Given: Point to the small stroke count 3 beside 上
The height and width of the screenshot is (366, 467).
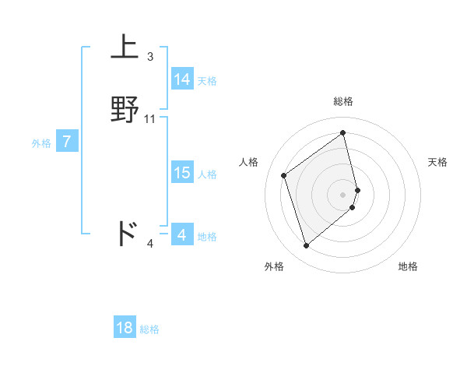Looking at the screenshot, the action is (150, 57).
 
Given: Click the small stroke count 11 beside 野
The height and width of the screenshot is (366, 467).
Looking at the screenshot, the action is (150, 119).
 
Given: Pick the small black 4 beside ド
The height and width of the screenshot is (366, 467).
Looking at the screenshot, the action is (150, 244).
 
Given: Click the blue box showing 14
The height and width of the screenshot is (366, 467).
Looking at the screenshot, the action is (182, 79).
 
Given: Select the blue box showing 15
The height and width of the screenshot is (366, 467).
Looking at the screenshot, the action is (182, 173).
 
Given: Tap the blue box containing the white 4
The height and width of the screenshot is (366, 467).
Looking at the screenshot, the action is (182, 235).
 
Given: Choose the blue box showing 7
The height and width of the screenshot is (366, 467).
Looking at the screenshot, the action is (67, 142).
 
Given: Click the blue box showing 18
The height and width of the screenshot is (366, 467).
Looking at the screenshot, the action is (125, 328).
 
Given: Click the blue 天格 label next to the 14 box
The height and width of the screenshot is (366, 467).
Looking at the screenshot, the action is (207, 81).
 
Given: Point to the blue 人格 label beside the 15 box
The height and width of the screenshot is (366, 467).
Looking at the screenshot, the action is (207, 174).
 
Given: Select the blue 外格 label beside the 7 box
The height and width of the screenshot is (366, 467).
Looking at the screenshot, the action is (40, 143).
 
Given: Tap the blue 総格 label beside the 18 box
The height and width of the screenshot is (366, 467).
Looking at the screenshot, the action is (149, 329).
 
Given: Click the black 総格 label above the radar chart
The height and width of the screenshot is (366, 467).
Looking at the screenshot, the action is (343, 101).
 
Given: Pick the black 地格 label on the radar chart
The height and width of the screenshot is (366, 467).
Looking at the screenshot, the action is (408, 266).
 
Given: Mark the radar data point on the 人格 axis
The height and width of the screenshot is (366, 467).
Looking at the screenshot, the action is (284, 175).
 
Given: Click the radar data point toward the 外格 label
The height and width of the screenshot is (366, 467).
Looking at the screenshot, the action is (307, 246).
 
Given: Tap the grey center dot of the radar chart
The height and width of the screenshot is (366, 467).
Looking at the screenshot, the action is (343, 193).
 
